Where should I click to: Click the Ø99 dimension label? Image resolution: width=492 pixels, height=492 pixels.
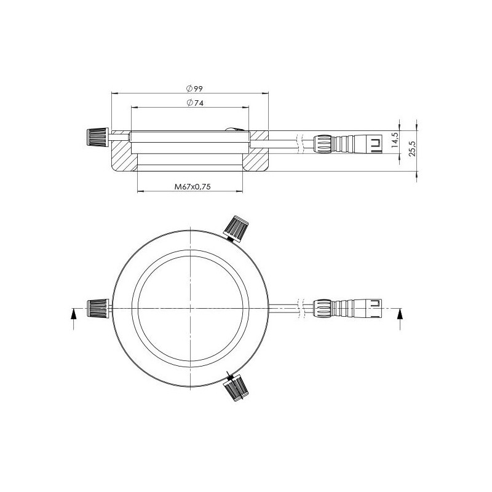coord(194,89)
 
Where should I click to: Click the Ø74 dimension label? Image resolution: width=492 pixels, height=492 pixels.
coord(194,103)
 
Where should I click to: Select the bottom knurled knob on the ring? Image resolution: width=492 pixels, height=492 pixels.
coord(236,387)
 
